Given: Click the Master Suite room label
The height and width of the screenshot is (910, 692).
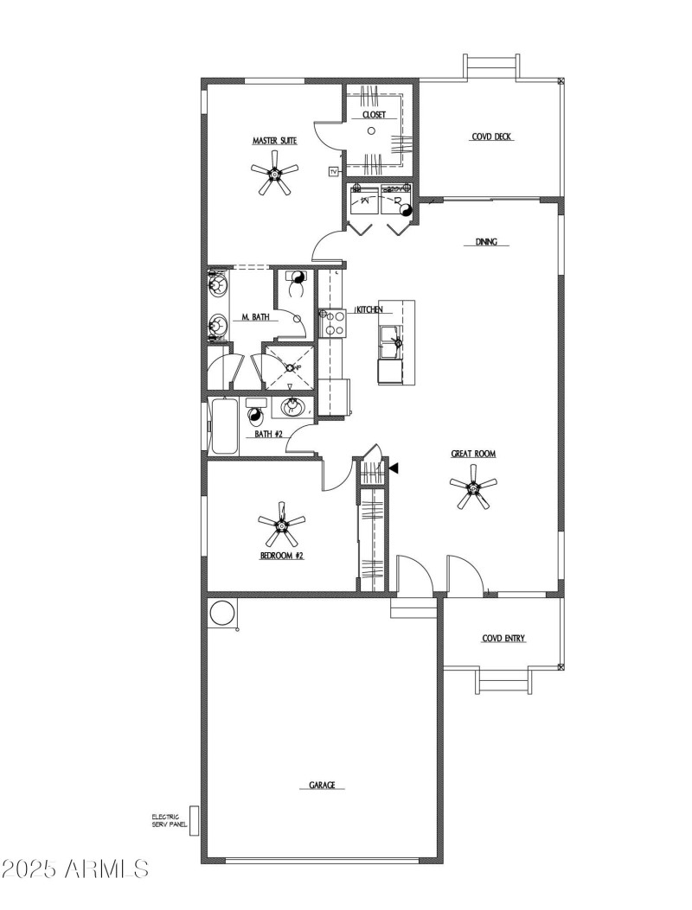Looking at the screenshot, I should point(275,140).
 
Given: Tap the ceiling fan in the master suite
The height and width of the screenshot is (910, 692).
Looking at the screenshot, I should point(275,176).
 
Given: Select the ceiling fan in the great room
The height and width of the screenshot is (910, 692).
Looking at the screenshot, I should point(473,489).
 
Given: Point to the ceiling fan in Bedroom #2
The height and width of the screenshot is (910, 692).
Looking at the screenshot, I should point(282,525).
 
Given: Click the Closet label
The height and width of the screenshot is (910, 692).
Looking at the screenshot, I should point(374,114).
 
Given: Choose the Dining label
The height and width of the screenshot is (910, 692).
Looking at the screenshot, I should point(486,243).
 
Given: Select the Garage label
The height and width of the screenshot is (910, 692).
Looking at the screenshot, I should point(322,786).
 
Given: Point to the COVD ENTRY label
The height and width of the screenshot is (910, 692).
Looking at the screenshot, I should point(503,639).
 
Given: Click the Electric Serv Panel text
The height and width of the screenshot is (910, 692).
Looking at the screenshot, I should point(165,820).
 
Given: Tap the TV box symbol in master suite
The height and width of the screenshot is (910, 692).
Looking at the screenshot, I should point(334,172).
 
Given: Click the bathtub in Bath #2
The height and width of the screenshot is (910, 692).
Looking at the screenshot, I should point(225,425).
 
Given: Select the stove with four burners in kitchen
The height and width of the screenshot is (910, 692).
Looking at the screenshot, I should point(334,323).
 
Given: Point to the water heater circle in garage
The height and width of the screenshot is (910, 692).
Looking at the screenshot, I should point(221,612).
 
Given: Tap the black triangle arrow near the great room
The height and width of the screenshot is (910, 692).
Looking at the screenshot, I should point(393,468).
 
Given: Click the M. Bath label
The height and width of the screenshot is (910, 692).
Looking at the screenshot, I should point(255,318).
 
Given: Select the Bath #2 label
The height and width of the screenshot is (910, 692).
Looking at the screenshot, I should point(269,434).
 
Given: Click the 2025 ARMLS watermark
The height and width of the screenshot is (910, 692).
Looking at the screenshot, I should point(75,867).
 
